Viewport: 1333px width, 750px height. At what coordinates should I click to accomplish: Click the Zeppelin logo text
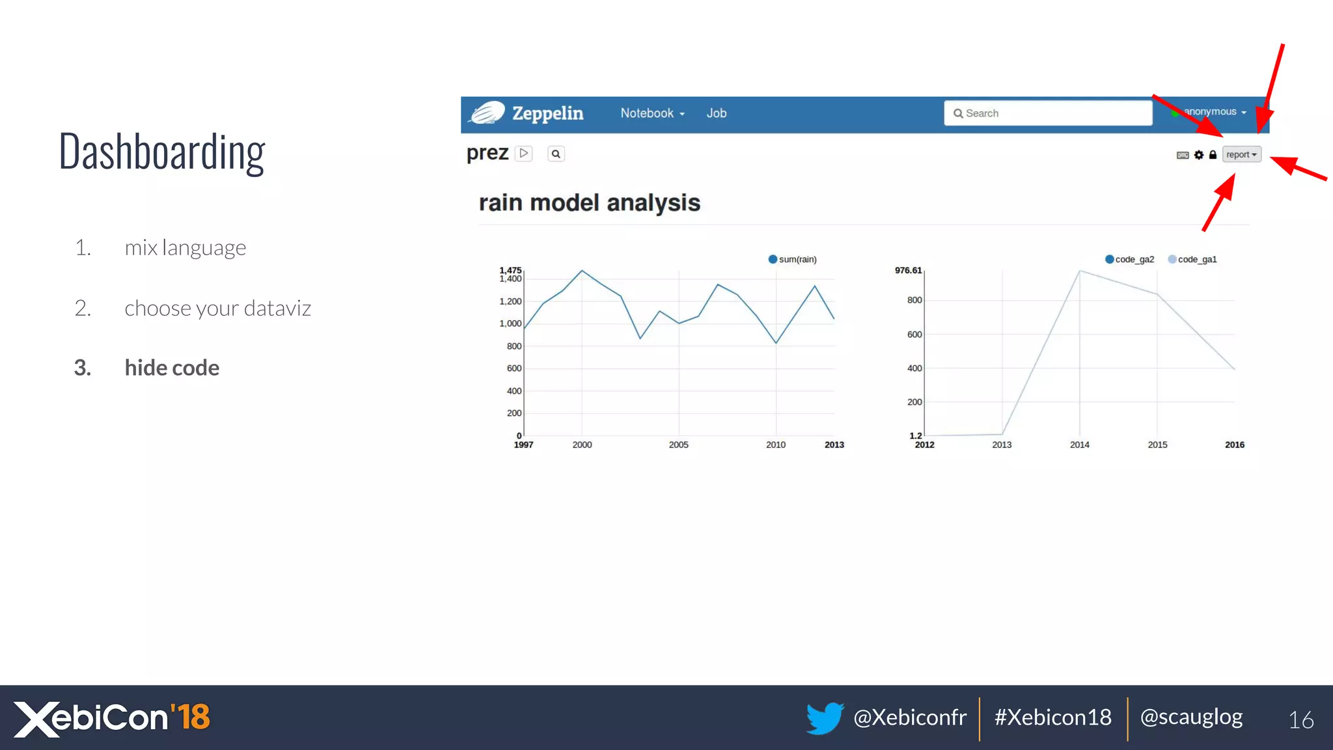(x=547, y=114)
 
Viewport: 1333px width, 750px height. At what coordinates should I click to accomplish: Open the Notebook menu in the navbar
(x=652, y=113)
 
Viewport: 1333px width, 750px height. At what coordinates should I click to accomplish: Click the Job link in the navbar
(x=716, y=113)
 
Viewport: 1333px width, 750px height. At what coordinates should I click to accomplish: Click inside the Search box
(x=1048, y=113)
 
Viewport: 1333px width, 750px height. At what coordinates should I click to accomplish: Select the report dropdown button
(x=1241, y=154)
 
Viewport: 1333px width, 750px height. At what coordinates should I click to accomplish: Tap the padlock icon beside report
(x=1213, y=155)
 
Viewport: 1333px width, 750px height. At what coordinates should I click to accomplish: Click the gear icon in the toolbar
(x=1199, y=155)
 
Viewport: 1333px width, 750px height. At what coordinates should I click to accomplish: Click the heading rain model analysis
(x=589, y=203)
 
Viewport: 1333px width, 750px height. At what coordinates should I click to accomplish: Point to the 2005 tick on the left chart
(x=678, y=445)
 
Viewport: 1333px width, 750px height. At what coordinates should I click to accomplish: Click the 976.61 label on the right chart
(x=908, y=270)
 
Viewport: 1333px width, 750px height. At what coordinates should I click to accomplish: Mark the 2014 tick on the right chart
(x=1079, y=445)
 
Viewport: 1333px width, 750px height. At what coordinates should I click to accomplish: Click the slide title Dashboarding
(x=162, y=152)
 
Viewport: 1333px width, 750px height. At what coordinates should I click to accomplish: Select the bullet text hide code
(x=172, y=368)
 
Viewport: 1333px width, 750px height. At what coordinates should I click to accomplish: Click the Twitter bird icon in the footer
(x=825, y=718)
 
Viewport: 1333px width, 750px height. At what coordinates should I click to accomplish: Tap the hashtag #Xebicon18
(x=1052, y=717)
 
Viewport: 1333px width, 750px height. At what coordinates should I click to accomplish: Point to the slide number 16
(x=1301, y=719)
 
